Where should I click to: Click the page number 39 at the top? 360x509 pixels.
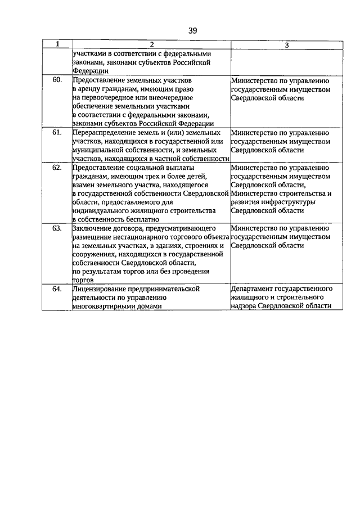point(192,30)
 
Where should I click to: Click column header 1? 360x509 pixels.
point(57,44)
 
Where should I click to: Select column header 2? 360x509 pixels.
point(151,44)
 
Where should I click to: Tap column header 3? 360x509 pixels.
point(286,44)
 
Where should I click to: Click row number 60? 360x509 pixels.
point(57,80)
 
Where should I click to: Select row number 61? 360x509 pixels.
point(57,133)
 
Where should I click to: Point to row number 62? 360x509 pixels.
point(57,168)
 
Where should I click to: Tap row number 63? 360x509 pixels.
point(57,228)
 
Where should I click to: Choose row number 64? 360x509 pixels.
point(57,289)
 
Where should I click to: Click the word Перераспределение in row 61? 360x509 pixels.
point(104,133)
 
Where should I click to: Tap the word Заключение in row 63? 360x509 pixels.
point(92,228)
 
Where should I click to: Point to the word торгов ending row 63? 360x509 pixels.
point(83,280)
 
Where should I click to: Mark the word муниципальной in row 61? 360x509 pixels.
point(97,150)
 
